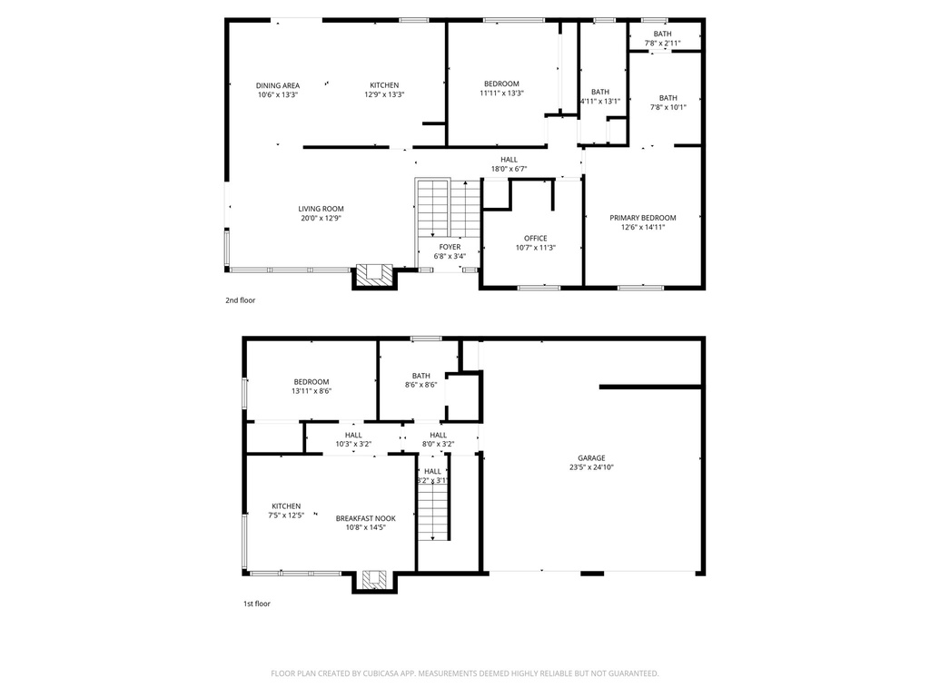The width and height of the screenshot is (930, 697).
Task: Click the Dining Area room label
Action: [x=278, y=90]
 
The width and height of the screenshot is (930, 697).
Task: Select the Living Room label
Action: [x=321, y=213]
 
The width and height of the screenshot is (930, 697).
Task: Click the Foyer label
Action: [x=450, y=251]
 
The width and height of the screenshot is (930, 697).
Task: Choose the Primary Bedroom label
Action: [x=643, y=222]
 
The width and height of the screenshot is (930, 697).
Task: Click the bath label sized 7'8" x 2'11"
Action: [x=662, y=38]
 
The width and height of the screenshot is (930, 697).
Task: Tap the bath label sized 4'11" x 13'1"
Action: [x=600, y=96]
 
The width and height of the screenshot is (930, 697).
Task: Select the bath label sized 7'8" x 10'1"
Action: [x=668, y=103]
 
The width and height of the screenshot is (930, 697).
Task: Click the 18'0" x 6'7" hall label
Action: [x=509, y=164]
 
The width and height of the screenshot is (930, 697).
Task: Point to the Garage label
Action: [x=591, y=463]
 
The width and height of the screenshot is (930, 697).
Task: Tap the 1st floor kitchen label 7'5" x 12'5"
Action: [x=286, y=511]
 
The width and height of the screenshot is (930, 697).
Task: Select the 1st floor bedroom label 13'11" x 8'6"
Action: [x=312, y=387]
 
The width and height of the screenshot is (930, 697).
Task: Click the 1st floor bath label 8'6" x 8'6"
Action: [x=420, y=380]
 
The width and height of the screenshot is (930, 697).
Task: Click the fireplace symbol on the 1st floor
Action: [x=374, y=578]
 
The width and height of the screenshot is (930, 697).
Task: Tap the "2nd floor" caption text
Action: [x=241, y=299]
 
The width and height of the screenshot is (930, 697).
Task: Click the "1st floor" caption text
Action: [x=256, y=604]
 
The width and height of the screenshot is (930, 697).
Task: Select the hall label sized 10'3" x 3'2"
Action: [x=352, y=439]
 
